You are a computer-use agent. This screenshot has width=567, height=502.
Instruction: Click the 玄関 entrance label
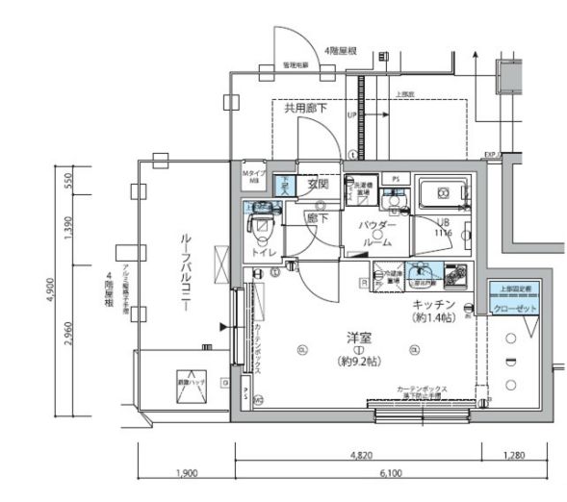[x=319, y=184]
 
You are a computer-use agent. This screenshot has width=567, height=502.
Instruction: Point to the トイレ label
[x=265, y=252]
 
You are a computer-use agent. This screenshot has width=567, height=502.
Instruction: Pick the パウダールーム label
[x=376, y=234]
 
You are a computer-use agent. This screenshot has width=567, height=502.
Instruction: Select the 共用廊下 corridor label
[x=304, y=109]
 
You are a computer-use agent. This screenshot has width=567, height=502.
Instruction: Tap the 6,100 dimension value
[x=391, y=473]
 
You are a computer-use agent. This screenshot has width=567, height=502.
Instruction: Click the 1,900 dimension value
[x=188, y=473]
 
